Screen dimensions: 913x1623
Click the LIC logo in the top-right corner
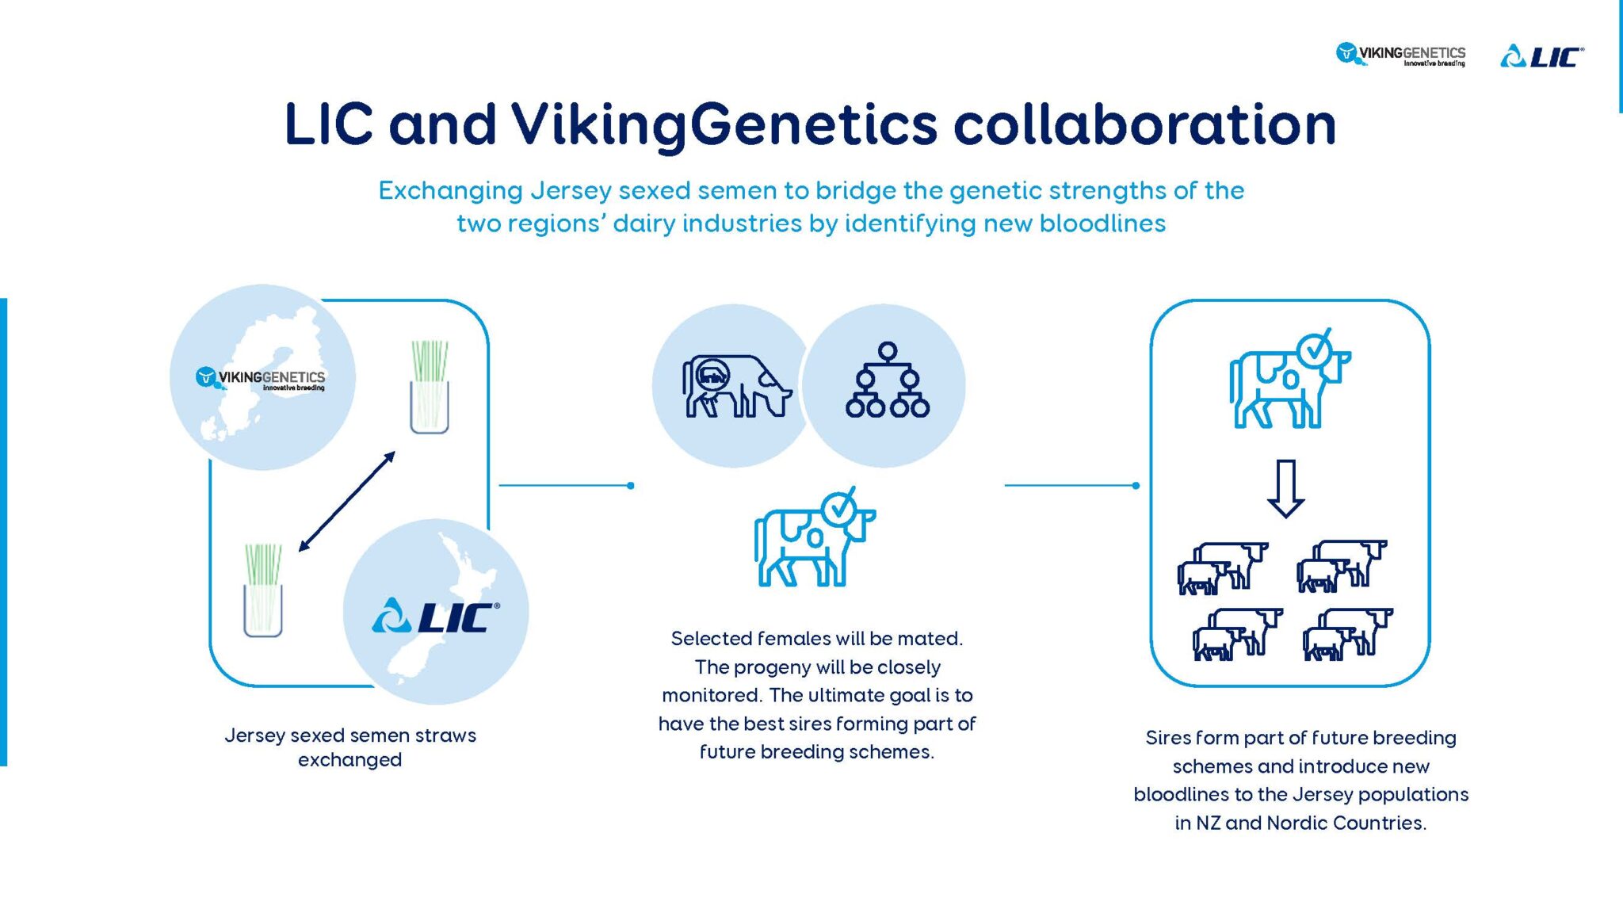pos(1541,56)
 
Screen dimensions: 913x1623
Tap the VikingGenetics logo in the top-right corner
pos(1400,55)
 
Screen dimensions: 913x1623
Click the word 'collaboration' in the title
pos(1144,124)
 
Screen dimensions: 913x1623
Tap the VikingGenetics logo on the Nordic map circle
pos(261,378)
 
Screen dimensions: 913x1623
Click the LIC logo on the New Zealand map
pos(436,616)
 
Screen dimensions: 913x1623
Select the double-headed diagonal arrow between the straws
pos(346,501)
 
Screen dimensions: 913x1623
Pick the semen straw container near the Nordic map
pos(430,388)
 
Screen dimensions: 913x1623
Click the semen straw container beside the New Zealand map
pos(263,590)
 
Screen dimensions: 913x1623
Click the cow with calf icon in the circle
pos(735,386)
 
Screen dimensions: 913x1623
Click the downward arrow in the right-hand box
pos(1285,488)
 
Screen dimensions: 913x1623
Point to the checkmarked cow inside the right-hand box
pos(1288,382)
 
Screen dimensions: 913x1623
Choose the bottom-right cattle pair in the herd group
pos(1347,634)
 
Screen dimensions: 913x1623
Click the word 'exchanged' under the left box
pos(349,760)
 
